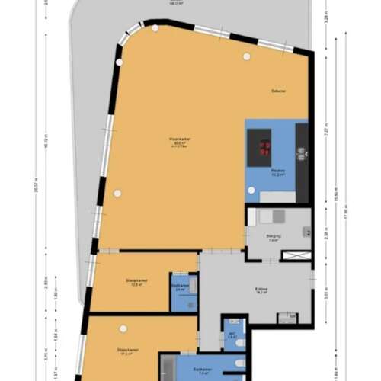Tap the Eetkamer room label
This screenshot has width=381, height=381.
(279, 91)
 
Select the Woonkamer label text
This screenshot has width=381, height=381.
(180, 139)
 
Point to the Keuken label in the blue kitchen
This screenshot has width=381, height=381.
(278, 171)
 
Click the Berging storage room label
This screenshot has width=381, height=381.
(274, 237)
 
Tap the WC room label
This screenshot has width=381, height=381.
(232, 334)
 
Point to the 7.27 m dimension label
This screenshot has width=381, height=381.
(326, 131)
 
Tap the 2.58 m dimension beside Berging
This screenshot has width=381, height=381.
(326, 235)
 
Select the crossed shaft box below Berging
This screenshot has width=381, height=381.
(296, 255)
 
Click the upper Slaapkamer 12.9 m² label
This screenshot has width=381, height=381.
(137, 282)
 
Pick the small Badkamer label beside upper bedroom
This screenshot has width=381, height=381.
(179, 288)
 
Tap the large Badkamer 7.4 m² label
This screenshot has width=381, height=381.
(203, 371)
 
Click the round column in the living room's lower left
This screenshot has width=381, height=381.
(117, 193)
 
